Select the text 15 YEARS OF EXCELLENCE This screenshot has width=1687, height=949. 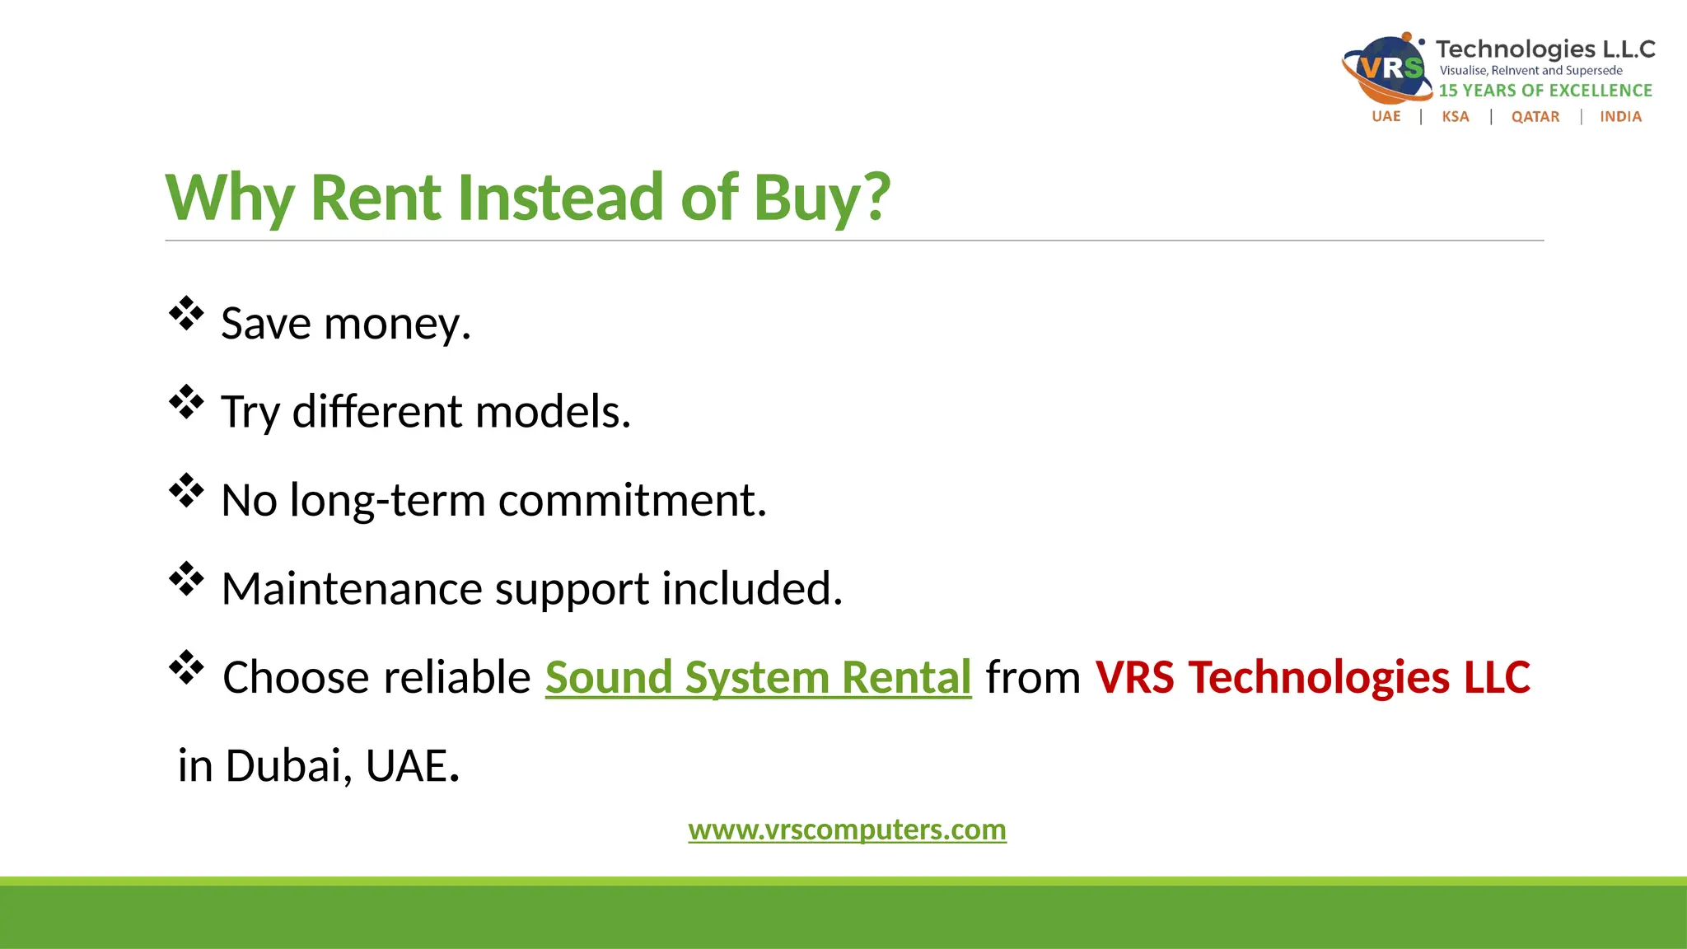(x=1545, y=91)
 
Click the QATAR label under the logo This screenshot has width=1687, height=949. (x=1535, y=117)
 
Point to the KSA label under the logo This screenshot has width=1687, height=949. (x=1456, y=117)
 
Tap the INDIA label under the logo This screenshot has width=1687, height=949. (x=1620, y=117)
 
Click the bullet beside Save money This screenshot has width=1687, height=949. (x=186, y=314)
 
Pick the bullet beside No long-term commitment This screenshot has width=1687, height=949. (x=186, y=491)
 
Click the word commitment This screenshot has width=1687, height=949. (x=632, y=500)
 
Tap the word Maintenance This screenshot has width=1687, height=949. (x=352, y=589)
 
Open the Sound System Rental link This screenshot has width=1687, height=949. (x=758, y=678)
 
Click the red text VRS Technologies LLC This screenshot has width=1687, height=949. (x=1312, y=678)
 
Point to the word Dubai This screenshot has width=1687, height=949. (x=283, y=766)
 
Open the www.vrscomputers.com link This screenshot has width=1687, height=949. (x=847, y=830)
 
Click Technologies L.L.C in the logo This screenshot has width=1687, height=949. (x=1545, y=49)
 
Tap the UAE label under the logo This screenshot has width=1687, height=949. (x=1386, y=117)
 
